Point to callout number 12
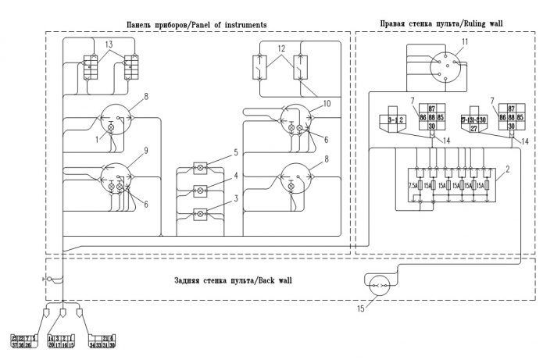(x=280, y=49)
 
